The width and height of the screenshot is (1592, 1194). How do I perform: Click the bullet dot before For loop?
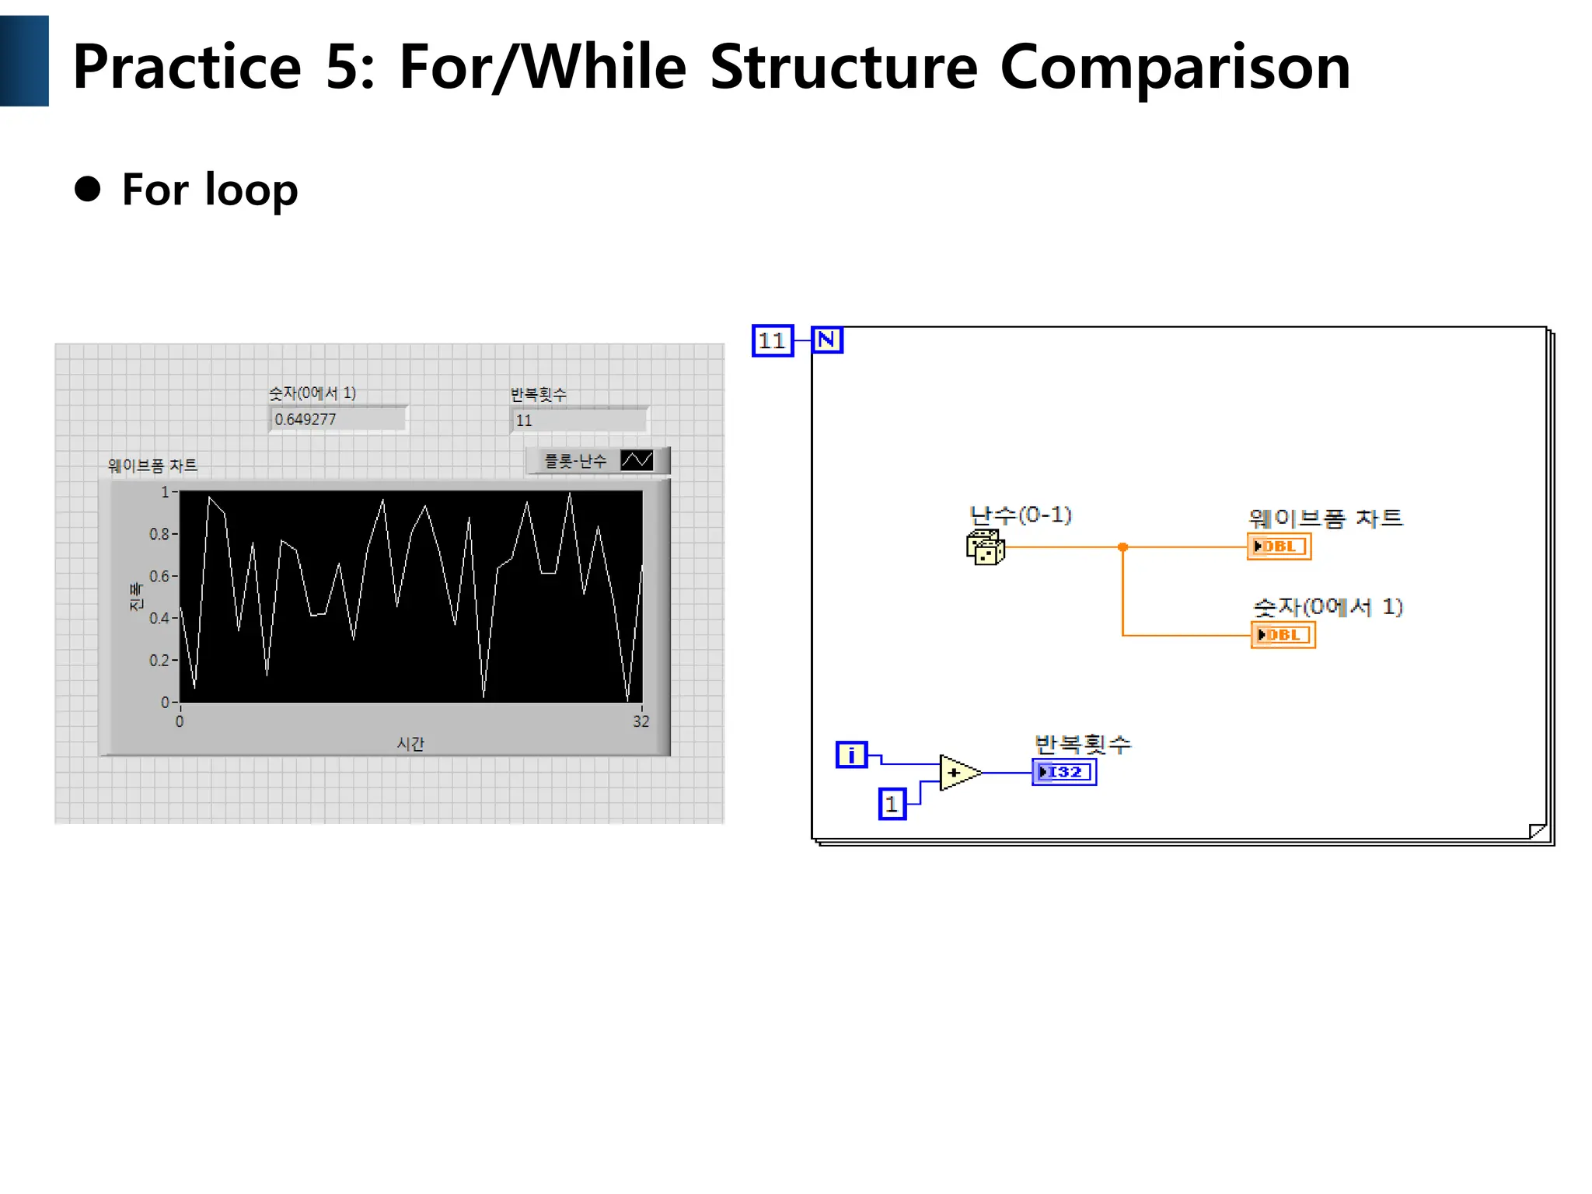click(x=88, y=189)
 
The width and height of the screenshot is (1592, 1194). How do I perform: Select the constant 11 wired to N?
click(x=772, y=340)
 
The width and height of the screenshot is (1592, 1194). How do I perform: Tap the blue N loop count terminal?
click(x=826, y=340)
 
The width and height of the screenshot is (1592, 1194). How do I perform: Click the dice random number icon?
click(x=985, y=547)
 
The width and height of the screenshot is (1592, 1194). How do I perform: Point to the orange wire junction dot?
click(x=1122, y=547)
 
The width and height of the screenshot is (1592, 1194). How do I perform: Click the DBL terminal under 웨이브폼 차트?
click(x=1279, y=546)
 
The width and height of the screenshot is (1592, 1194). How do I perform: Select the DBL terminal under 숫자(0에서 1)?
click(x=1283, y=635)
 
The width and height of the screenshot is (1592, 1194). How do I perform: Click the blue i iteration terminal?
click(x=851, y=755)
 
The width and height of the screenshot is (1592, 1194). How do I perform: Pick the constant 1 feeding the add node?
click(x=892, y=804)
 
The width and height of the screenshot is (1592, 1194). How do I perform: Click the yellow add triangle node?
click(x=957, y=773)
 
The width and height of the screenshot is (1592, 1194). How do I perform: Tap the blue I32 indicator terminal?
click(x=1063, y=772)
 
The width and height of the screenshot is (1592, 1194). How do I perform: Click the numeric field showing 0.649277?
click(x=337, y=420)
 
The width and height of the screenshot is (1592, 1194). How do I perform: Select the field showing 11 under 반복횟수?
click(x=578, y=421)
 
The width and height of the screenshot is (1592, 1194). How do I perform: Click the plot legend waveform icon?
click(x=637, y=461)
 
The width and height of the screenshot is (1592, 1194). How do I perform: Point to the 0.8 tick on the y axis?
click(x=159, y=534)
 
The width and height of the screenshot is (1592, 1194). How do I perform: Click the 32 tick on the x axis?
click(x=641, y=721)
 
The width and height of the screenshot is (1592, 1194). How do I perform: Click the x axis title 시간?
click(x=410, y=744)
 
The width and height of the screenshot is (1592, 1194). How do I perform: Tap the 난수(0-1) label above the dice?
click(x=1020, y=515)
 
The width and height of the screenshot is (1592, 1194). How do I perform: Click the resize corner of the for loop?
click(x=1537, y=831)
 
